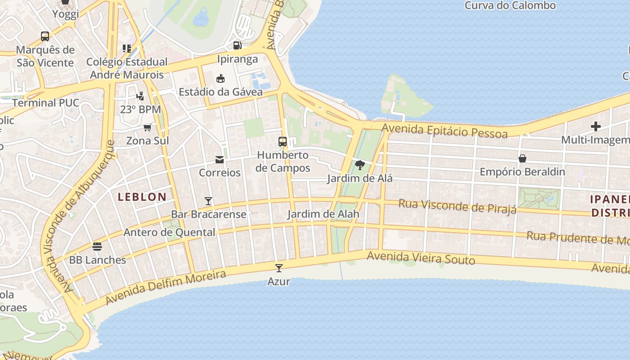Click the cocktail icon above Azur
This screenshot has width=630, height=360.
pyautogui.click(x=279, y=268)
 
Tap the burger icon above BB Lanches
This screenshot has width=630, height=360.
pyautogui.click(x=97, y=247)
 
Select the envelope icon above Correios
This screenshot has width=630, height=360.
pyautogui.click(x=220, y=159)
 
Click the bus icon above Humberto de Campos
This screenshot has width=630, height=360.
pyautogui.click(x=283, y=142)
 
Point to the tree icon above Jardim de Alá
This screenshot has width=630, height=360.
pyautogui.click(x=360, y=165)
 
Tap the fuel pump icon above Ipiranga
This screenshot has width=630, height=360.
pyautogui.click(x=237, y=45)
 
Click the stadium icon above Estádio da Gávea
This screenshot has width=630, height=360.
pyautogui.click(x=220, y=79)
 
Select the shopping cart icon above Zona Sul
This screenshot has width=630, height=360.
pyautogui.click(x=147, y=127)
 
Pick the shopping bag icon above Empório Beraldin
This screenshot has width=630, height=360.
pyautogui.click(x=522, y=158)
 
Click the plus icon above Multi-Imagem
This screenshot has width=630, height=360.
pyautogui.click(x=596, y=126)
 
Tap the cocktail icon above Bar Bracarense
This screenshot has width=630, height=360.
pyautogui.click(x=208, y=201)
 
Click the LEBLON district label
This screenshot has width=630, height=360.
pyautogui.click(x=142, y=197)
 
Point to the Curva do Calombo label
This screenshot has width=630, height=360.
pyautogui.click(x=510, y=6)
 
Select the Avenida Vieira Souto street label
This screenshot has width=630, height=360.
pyautogui.click(x=421, y=258)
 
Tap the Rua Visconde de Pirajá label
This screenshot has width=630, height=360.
pyautogui.click(x=457, y=206)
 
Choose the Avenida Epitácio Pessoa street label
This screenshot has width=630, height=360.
pyautogui.click(x=445, y=130)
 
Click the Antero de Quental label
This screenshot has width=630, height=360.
pyautogui.click(x=169, y=232)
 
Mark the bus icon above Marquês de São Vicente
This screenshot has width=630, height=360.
pyautogui.click(x=45, y=36)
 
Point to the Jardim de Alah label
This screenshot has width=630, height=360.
pyautogui.click(x=323, y=214)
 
